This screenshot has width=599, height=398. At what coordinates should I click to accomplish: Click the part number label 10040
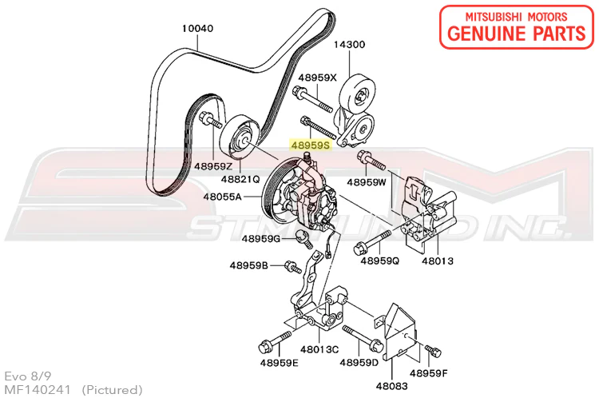[x=198, y=28]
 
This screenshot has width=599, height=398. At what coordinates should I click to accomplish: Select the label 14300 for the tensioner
[x=350, y=45]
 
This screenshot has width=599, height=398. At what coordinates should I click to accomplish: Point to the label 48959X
[x=318, y=78]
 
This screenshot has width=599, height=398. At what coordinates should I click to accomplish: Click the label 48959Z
[x=212, y=166]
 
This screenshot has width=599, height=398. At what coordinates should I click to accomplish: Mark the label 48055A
[x=224, y=195]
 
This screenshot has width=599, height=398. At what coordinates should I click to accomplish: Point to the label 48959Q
[x=379, y=261]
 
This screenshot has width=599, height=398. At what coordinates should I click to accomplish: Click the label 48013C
[x=320, y=348]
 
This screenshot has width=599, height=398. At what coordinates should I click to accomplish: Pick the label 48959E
[x=279, y=364]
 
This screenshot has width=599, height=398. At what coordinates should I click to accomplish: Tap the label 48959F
[x=430, y=372]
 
